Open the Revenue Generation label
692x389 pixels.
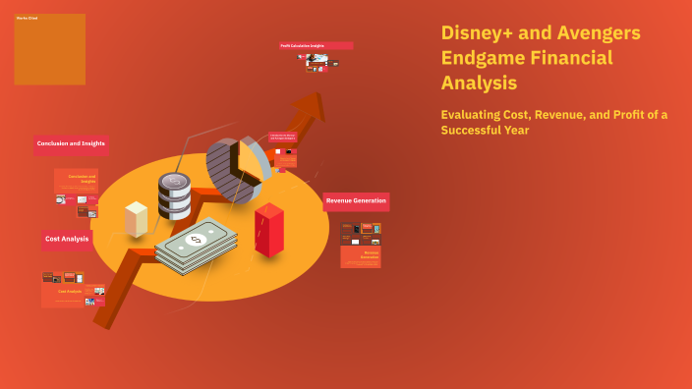pyautogui.click(x=356, y=201)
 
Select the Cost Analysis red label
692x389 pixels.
pyautogui.click(x=67, y=239)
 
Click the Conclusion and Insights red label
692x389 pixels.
pyautogui.click(x=71, y=144)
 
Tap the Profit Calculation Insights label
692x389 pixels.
pyautogui.click(x=316, y=45)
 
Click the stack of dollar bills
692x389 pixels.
pyautogui.click(x=197, y=246)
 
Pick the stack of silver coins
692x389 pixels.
pyautogui.click(x=174, y=196)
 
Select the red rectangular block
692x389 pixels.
pyautogui.click(x=268, y=229)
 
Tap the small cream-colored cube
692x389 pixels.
pyautogui.click(x=136, y=218)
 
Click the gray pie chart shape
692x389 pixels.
pyautogui.click(x=236, y=167)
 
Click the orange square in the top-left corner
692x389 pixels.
pyautogui.click(x=49, y=49)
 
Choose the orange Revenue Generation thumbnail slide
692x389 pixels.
pyautogui.click(x=361, y=256)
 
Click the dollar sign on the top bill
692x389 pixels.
pyautogui.click(x=195, y=240)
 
